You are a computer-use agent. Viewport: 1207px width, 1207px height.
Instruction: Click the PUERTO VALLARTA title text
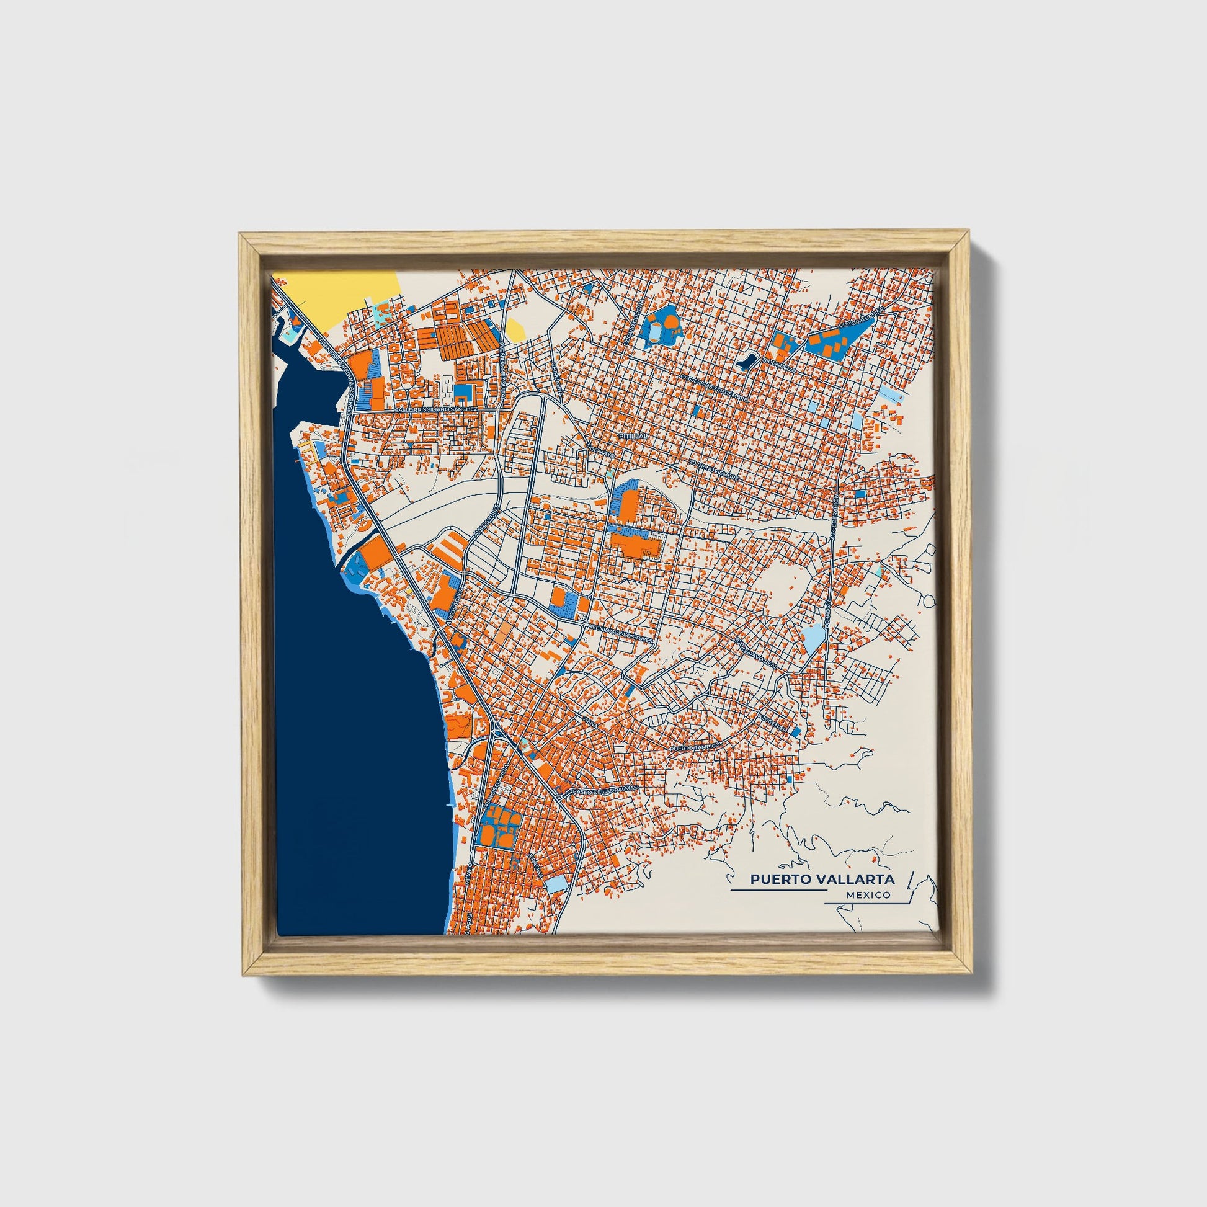(x=822, y=879)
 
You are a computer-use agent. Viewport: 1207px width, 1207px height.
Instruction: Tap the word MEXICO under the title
(x=868, y=895)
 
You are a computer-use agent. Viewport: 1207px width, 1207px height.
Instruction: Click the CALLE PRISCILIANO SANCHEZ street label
(x=435, y=409)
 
